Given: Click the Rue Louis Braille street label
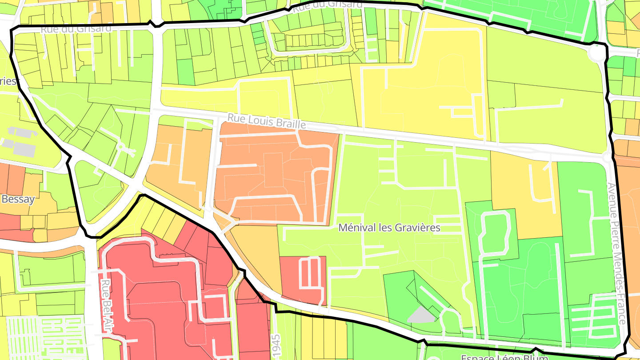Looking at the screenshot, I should pos(267,121).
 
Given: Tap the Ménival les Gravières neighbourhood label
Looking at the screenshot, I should pos(389,228).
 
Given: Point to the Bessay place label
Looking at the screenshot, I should pos(18,199).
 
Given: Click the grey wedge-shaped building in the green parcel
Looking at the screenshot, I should pos(420,315).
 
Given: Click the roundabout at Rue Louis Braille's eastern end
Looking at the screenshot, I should pos(607,157).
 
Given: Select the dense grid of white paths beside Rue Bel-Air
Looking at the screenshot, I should pos(44,338).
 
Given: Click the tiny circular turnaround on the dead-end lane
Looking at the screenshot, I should pos(120,146).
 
